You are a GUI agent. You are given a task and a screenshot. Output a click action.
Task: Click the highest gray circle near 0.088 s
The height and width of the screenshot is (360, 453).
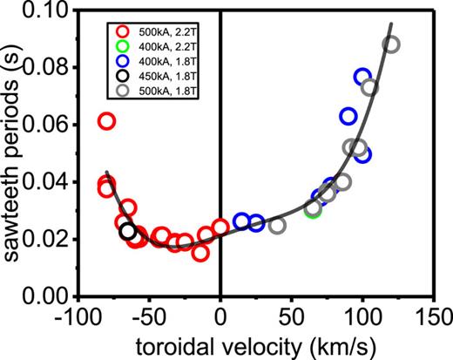point(391,44)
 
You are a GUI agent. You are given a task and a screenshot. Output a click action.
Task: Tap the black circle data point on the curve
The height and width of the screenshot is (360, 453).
point(128,231)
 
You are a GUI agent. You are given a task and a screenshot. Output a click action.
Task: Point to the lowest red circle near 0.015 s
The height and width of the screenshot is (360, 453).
point(200,253)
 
